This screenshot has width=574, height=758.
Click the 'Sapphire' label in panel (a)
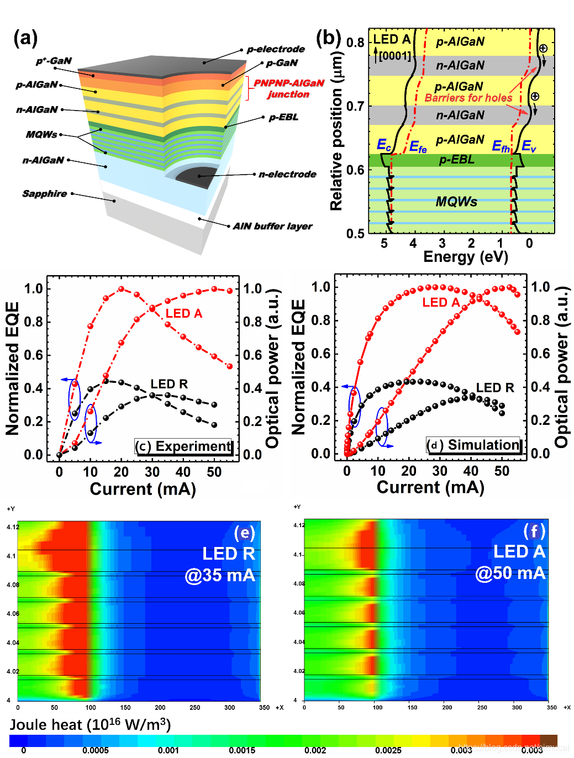[x=44, y=193]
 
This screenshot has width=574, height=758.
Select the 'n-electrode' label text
[x=287, y=174]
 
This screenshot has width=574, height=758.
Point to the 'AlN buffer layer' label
[x=272, y=226]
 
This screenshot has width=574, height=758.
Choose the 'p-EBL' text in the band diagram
[x=456, y=160]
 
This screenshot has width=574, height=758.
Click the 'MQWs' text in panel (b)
[x=456, y=202]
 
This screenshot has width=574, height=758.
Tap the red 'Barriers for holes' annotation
[x=468, y=98]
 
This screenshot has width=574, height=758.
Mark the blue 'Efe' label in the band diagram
[x=418, y=147]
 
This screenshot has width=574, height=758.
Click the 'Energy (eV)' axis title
[x=465, y=257]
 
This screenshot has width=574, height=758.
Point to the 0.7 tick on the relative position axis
[x=355, y=106]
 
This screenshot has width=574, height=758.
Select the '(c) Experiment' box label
[x=184, y=446]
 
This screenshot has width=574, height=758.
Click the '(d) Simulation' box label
[x=475, y=445]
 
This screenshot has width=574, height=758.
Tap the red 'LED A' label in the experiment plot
[x=184, y=313]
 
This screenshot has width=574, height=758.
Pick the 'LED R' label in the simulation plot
[x=495, y=388]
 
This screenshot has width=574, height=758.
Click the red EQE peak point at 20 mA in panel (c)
[x=122, y=289]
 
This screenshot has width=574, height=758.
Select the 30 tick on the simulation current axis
[x=440, y=471]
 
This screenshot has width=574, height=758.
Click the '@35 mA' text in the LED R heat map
[x=220, y=575]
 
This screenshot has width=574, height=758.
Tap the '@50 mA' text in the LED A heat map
[x=510, y=573]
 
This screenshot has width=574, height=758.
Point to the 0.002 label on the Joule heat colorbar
[x=315, y=750]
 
